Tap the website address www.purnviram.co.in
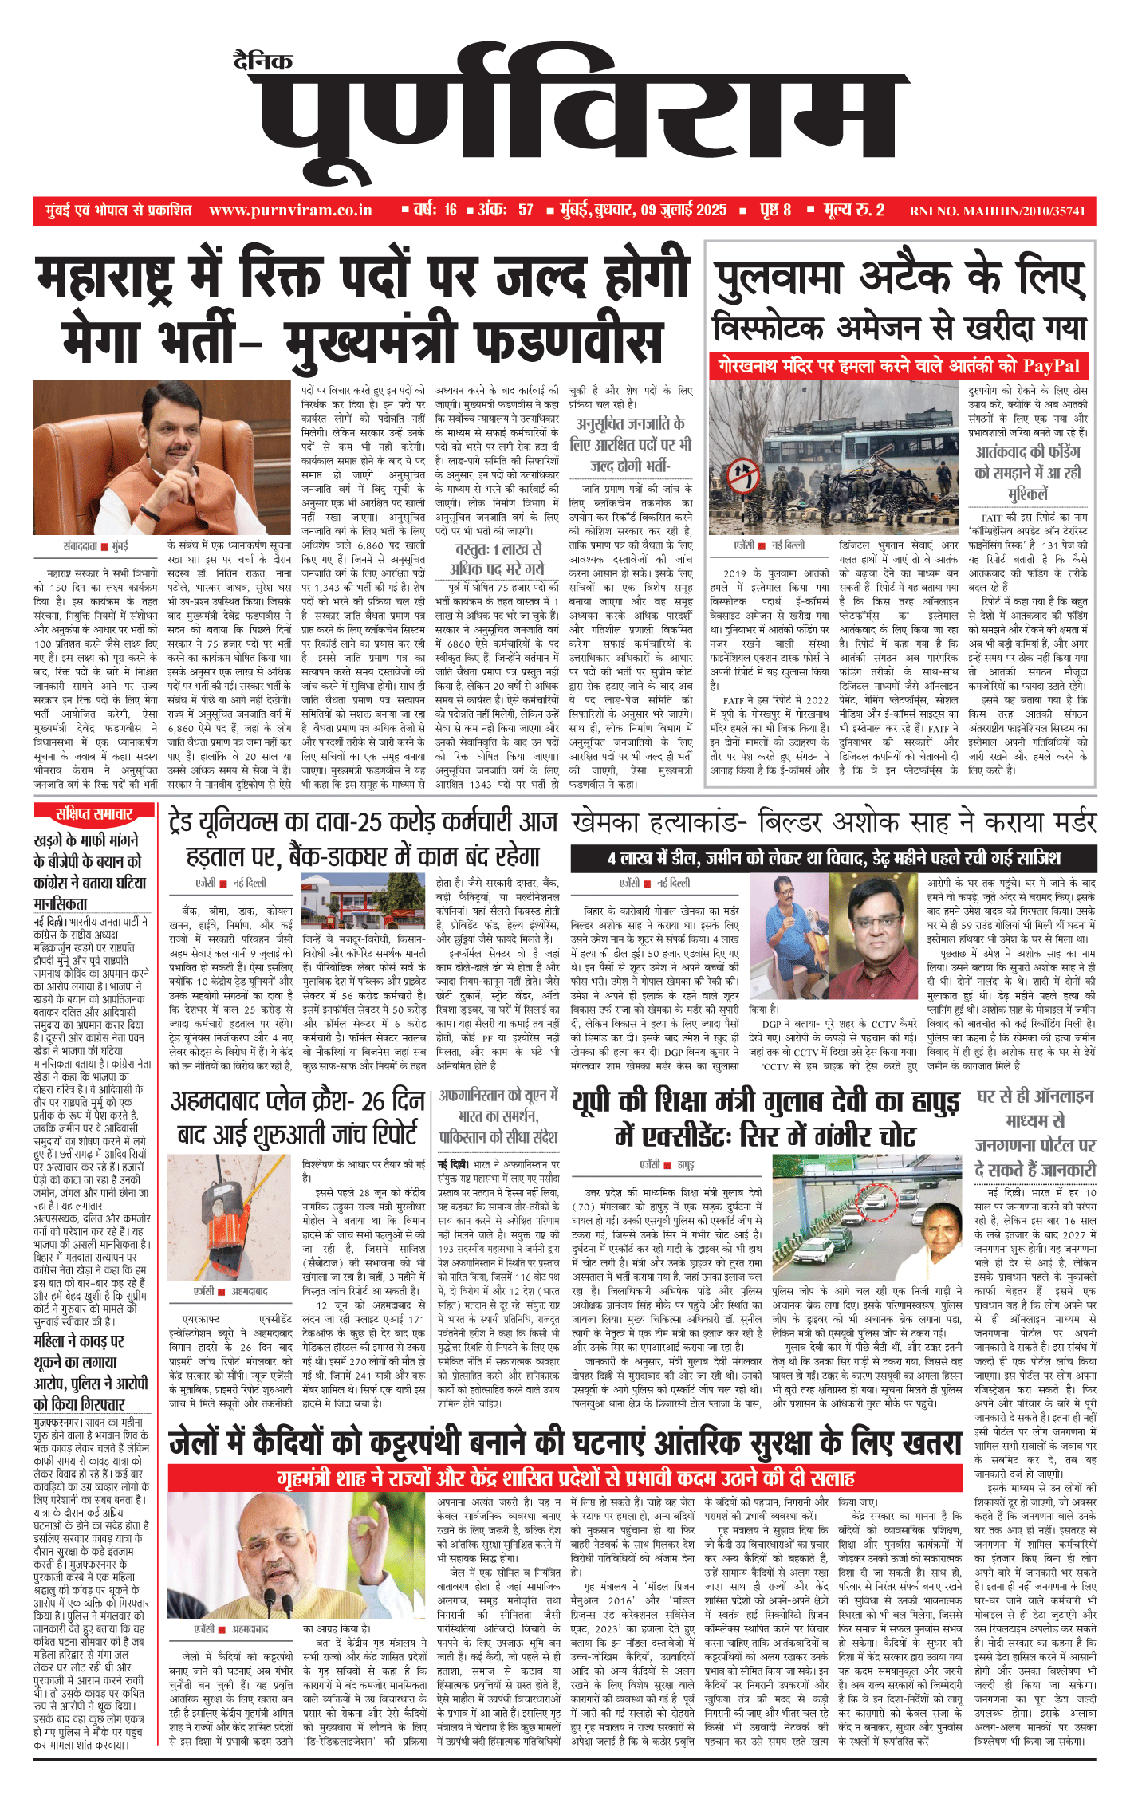(x=290, y=211)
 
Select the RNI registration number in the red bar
(x=997, y=211)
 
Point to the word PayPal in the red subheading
(x=1051, y=366)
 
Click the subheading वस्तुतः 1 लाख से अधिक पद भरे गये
(x=497, y=558)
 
